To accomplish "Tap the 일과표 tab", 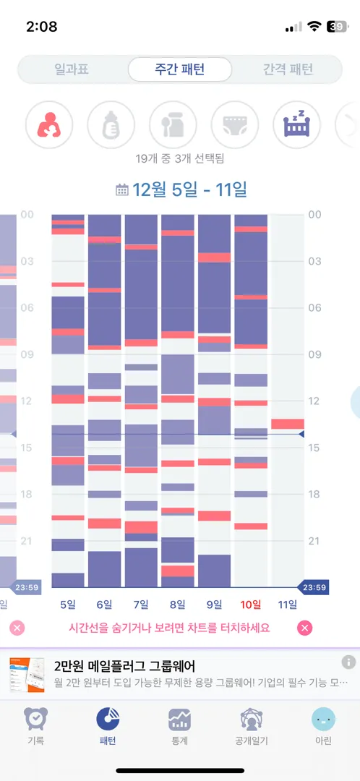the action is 72,69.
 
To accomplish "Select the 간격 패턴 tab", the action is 288,69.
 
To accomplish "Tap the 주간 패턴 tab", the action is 180,69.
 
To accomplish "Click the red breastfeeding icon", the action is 49,124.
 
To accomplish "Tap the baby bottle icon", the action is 111,124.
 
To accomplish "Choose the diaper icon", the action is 235,124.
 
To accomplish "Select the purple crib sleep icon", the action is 297,124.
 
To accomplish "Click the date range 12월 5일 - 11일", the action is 189,189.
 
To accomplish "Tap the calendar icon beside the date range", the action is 121,189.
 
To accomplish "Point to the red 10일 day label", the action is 250,605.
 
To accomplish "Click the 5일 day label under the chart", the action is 68,605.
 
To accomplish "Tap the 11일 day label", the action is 287,605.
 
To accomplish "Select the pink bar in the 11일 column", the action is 288,424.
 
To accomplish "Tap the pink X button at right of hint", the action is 305,628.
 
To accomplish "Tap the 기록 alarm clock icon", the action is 36,720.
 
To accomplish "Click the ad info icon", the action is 348,662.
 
